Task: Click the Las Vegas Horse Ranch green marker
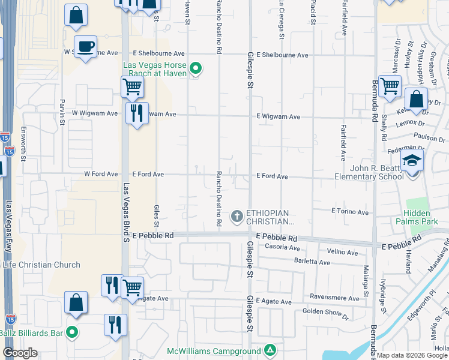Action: point(195,70)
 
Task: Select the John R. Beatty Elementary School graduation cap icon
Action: point(412,161)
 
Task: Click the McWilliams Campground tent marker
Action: point(270,350)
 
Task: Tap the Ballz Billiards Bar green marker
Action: point(73,331)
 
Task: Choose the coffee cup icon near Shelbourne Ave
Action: point(86,46)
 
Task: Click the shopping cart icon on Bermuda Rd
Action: point(390,86)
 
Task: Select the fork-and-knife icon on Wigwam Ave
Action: point(137,112)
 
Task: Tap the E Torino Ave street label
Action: point(349,212)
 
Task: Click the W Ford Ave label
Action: point(101,174)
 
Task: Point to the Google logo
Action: point(20,353)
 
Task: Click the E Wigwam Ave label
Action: point(278,117)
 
